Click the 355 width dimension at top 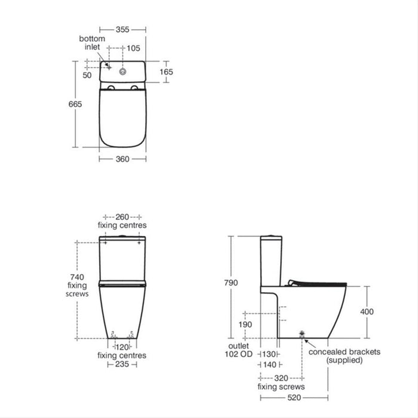[x=122, y=28]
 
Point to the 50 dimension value [x=87, y=75]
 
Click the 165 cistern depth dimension [x=167, y=72]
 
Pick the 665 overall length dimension [x=75, y=104]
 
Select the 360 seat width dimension [x=122, y=159]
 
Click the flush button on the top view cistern [x=123, y=70]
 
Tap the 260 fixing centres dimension [x=122, y=217]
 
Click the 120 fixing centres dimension [x=122, y=347]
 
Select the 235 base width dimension [x=122, y=364]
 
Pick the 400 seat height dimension [x=367, y=312]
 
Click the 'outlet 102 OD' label [x=239, y=350]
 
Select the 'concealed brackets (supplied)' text [x=344, y=356]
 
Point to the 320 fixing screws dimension [x=281, y=378]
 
